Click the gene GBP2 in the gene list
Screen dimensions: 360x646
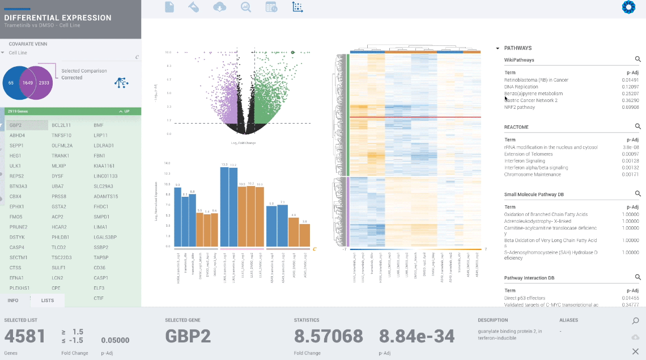point(16,125)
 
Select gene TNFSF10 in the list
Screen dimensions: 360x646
point(61,135)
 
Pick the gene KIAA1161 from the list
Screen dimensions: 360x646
point(104,166)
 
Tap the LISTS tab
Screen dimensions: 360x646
point(48,300)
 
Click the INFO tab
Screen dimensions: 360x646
point(13,300)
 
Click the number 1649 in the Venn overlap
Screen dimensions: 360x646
point(28,83)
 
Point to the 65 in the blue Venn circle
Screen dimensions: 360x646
point(11,83)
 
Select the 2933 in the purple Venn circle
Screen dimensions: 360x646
point(44,83)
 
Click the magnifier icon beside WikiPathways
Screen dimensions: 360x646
point(637,60)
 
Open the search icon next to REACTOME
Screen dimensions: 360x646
point(637,127)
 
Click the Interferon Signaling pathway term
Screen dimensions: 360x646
point(526,161)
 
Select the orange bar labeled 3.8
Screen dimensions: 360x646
point(305,236)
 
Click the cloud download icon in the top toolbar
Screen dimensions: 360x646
point(219,7)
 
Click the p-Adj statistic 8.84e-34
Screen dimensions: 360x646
point(416,336)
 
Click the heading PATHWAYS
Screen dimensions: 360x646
point(517,48)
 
